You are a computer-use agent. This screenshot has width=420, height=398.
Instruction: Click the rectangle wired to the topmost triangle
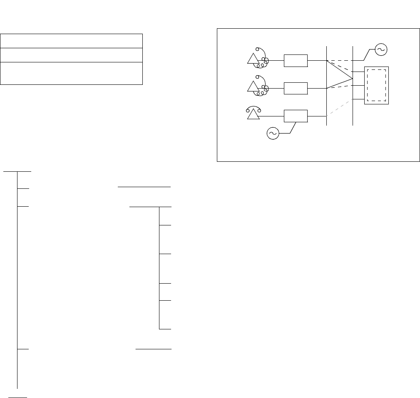[x=296, y=61]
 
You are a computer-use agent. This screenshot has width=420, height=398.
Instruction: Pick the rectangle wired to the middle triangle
[x=296, y=89]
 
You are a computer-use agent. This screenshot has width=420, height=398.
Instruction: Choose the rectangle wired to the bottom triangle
[x=296, y=116]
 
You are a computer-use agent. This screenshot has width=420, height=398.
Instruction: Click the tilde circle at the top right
[x=381, y=50]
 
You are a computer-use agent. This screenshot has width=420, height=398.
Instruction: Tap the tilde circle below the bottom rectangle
[x=273, y=133]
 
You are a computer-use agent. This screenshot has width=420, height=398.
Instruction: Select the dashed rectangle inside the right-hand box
[x=377, y=85]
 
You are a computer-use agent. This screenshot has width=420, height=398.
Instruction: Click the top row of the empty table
[x=72, y=41]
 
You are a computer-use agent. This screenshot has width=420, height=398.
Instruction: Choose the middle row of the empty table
[x=72, y=55]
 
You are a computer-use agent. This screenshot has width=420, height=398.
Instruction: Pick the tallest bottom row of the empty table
[x=72, y=73]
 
